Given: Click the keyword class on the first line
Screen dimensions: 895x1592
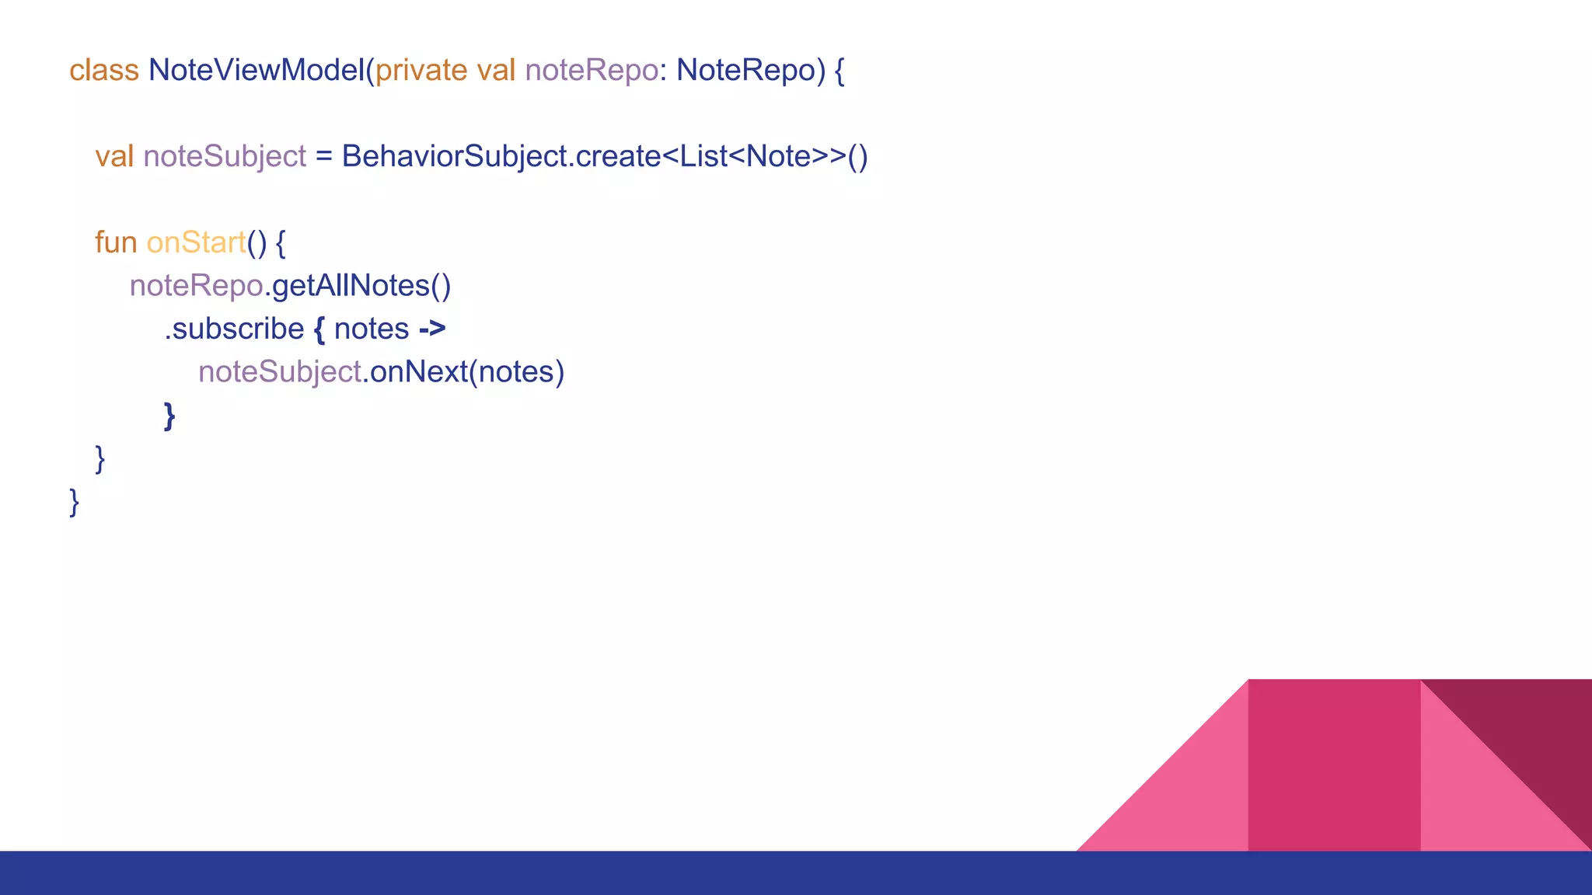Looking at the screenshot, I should pos(103,71).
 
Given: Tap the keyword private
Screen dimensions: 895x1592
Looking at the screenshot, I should pos(421,71).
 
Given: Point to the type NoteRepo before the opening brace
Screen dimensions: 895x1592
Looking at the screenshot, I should pos(745,71).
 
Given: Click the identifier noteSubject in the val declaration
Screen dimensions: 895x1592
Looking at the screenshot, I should pos(225,157).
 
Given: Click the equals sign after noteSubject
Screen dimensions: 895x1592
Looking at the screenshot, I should pos(323,157).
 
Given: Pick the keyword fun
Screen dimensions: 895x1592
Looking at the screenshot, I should pos(116,243).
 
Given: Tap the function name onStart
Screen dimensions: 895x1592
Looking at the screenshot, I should pos(196,243).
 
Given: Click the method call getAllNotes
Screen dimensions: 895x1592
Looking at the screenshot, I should pos(351,286).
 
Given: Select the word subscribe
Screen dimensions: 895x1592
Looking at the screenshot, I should pos(237,329).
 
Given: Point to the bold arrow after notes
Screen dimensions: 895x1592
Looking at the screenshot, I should pos(432,329).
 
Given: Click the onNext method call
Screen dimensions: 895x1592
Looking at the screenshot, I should pos(418,372).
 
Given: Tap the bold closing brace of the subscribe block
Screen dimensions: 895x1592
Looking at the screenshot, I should pos(169,416).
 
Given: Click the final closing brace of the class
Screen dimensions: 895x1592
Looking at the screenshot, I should pos(75,502).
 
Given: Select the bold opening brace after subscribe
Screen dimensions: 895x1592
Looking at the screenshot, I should pos(319,329).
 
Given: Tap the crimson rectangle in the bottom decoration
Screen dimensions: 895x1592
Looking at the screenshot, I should pos(1334,765).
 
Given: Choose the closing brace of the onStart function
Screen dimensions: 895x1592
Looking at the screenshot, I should pos(99,458).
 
